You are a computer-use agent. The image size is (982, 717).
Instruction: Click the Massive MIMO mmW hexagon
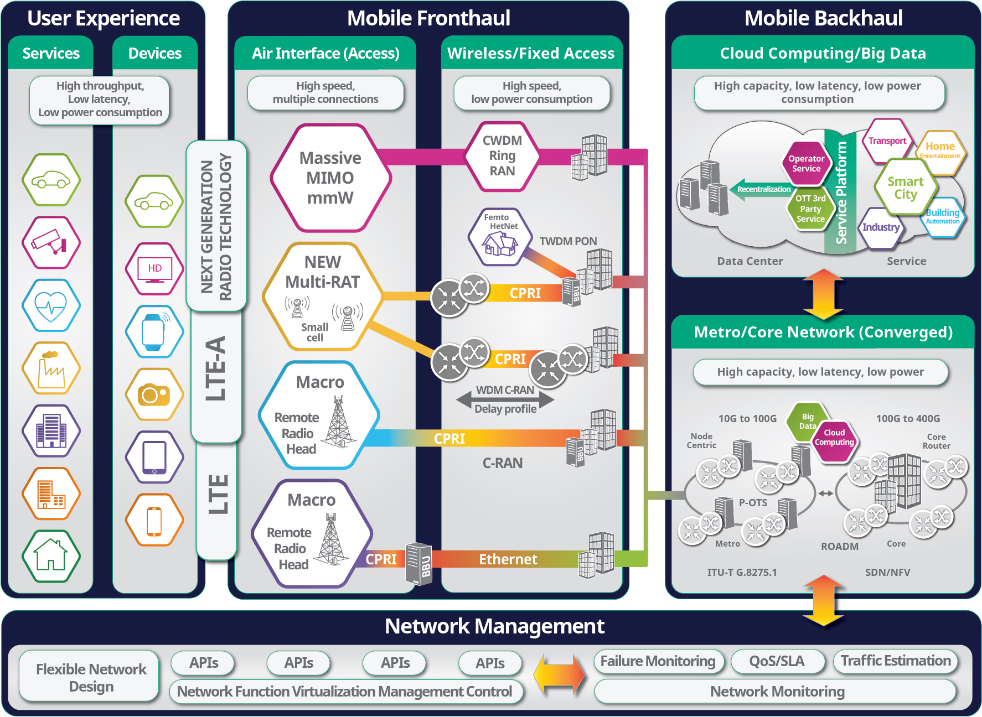[x=330, y=178]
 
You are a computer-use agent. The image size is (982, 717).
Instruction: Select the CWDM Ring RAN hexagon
[x=502, y=156]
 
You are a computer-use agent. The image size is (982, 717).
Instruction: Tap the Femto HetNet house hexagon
[x=500, y=237]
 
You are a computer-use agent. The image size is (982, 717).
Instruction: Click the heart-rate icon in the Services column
[x=51, y=305]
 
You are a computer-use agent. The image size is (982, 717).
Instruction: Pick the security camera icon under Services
[x=51, y=243]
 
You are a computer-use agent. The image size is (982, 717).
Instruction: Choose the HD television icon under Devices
[x=154, y=269]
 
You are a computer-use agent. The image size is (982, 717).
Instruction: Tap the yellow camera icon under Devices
[x=154, y=394]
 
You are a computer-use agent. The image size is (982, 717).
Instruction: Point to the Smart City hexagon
[x=905, y=188]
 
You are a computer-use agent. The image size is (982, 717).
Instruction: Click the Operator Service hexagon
[x=806, y=163]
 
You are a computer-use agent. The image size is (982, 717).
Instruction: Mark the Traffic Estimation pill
[x=895, y=661]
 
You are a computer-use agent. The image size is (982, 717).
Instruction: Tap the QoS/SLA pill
[x=776, y=661]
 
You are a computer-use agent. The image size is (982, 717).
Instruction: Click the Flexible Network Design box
[x=91, y=677]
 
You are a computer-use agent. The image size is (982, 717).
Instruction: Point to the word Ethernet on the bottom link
[x=508, y=559]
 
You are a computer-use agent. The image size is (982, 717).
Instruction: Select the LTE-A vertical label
[x=216, y=368]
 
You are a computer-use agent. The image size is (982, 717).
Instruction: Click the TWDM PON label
[x=568, y=241]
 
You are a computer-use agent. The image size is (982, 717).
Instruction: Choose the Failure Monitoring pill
[x=658, y=661]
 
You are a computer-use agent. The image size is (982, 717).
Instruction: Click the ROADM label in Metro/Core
[x=839, y=546]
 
